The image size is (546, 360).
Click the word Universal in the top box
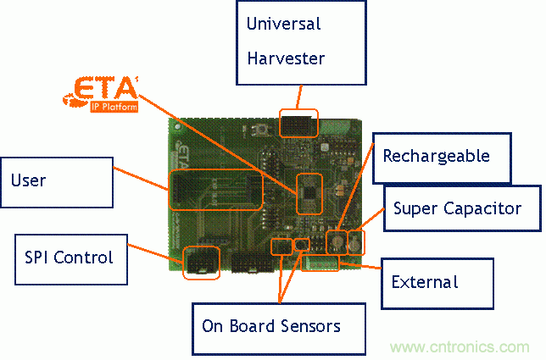coord(284,24)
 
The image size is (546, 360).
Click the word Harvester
coord(286,58)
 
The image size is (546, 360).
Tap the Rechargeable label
coord(436,156)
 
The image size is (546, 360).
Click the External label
coord(424,281)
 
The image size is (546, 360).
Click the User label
coord(29,180)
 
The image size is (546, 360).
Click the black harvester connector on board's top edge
coord(298,124)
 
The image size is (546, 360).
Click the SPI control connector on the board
coord(202,262)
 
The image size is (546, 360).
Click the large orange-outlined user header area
coord(215,189)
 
